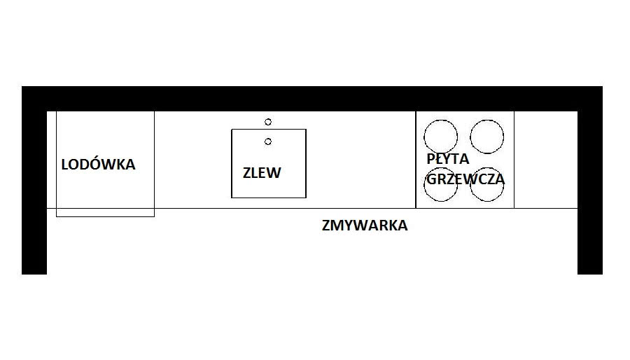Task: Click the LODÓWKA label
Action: click(98, 165)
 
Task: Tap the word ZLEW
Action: click(262, 173)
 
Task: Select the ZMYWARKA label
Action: click(365, 226)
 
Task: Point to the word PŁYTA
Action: click(447, 159)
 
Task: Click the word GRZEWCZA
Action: click(465, 179)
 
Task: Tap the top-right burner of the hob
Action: click(486, 137)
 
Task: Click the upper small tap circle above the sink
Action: click(268, 122)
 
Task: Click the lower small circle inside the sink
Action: click(268, 141)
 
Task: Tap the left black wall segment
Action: click(34, 196)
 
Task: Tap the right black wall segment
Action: click(589, 196)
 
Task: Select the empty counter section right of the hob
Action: click(545, 160)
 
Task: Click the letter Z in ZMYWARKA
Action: click(326, 226)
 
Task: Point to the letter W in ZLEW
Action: click(274, 173)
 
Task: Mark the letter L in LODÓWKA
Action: click(65, 165)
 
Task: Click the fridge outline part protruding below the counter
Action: click(105, 212)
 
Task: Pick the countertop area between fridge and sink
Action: click(192, 160)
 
